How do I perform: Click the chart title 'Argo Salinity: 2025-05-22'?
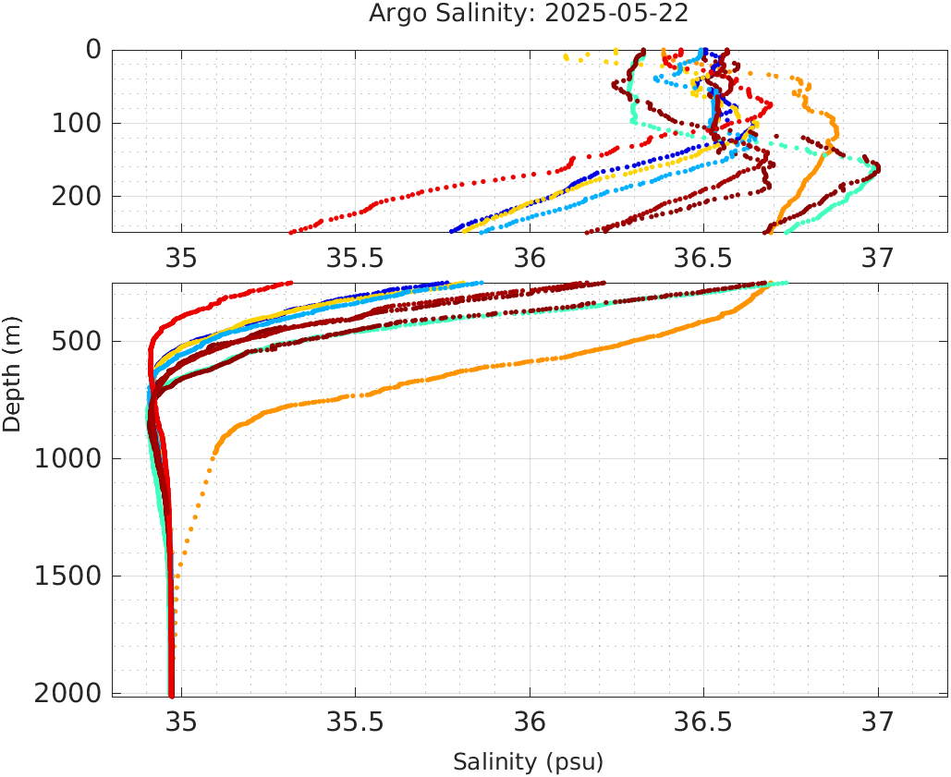(x=529, y=14)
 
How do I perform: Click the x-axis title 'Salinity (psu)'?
(x=528, y=762)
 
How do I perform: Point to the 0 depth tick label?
(x=93, y=50)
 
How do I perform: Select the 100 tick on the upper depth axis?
(x=80, y=123)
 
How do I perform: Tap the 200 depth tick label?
(x=80, y=196)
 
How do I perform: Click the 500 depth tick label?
(x=80, y=342)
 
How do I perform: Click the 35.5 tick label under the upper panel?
(x=355, y=258)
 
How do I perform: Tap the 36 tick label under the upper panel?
(x=530, y=258)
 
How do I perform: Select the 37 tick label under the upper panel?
(x=878, y=258)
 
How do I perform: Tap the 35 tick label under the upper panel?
(x=181, y=258)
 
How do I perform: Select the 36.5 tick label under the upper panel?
(x=703, y=258)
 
